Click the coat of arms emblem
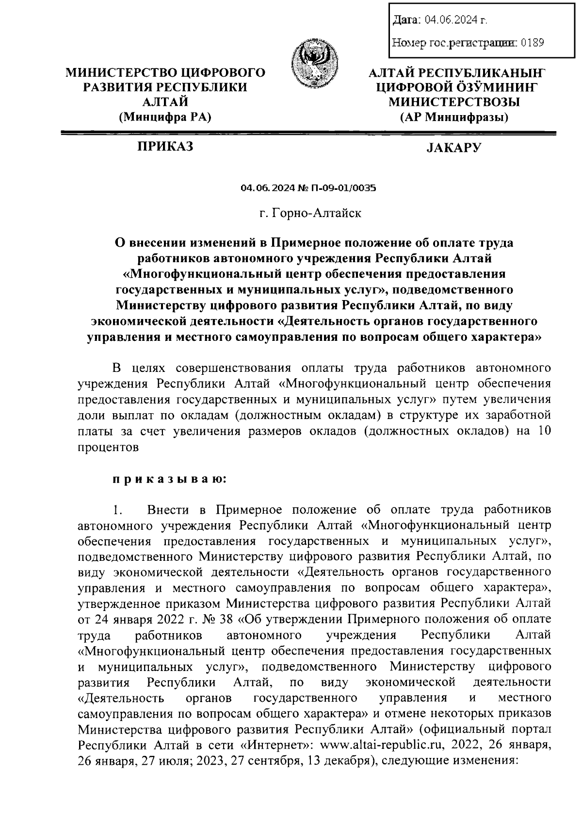click(x=314, y=64)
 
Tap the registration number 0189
click(x=532, y=43)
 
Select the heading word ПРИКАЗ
click(x=165, y=146)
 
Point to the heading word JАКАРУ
click(x=454, y=147)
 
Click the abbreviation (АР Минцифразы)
click(x=454, y=117)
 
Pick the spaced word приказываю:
click(x=169, y=479)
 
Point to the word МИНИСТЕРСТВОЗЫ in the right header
click(x=454, y=102)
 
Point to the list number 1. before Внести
click(x=116, y=510)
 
